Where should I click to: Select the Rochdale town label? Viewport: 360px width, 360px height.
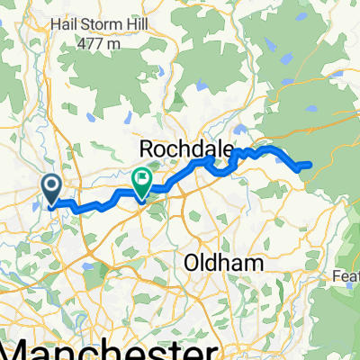tap(186, 147)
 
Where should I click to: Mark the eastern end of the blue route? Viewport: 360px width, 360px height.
tap(310, 165)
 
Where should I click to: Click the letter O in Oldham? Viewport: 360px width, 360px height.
tap(190, 263)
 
